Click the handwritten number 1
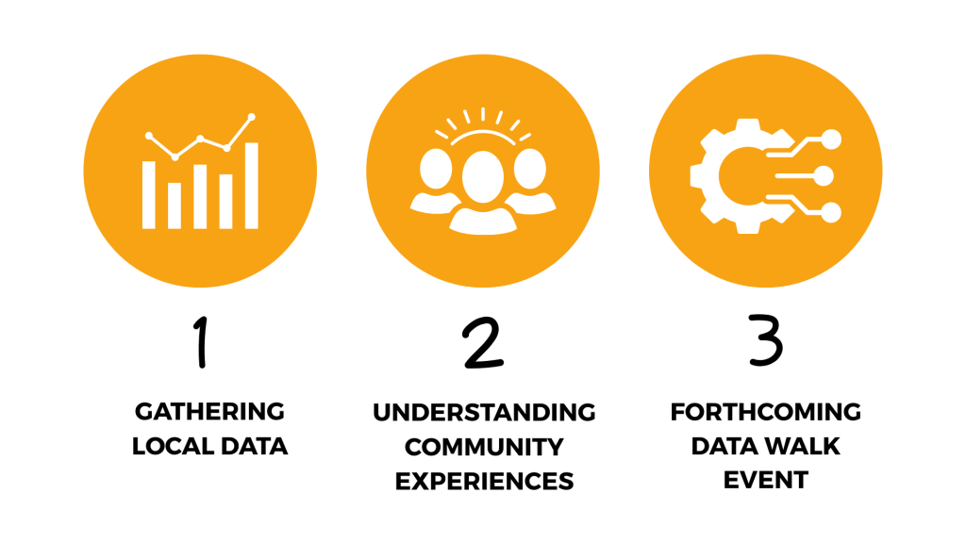coord(201,342)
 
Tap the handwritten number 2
coord(483,343)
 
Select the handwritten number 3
coord(766,339)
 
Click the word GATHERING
coord(209,411)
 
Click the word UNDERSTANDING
coord(484,413)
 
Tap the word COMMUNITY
coord(484,447)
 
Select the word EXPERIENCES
coord(484,482)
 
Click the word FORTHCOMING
coord(766,412)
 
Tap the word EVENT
coord(766,480)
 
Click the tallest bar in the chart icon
coord(251,186)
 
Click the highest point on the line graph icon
coord(251,116)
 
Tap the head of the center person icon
coord(483,176)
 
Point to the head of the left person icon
coord(436,168)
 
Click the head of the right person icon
coord(530,168)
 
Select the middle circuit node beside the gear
coord(824,176)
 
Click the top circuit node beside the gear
coord(831,140)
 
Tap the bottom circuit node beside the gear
coord(831,212)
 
